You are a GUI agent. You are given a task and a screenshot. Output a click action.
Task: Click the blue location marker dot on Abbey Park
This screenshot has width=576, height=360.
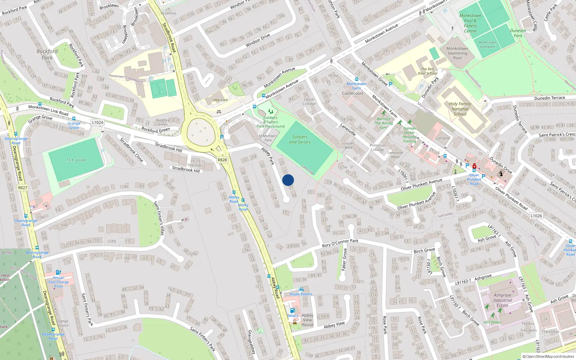pyautogui.click(x=288, y=180)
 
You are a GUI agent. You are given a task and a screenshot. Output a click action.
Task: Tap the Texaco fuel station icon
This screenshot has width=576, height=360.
pyautogui.click(x=293, y=310)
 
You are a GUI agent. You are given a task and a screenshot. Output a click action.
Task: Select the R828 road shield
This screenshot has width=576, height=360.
pyautogui.click(x=222, y=160)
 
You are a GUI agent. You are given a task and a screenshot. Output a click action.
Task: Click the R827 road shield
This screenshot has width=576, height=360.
pyautogui.click(x=22, y=188)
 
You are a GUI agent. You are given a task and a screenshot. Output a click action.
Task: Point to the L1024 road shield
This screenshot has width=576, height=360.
pyautogui.click(x=97, y=122)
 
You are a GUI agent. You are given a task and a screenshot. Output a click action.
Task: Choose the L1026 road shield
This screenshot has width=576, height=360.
pyautogui.click(x=536, y=216)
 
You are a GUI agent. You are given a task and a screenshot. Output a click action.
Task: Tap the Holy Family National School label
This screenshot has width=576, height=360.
pyautogui.click(x=460, y=109)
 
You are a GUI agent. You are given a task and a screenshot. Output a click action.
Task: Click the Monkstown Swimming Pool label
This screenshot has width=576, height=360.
pyautogui.click(x=457, y=53)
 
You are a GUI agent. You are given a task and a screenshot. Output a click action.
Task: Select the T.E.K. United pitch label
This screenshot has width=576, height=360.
pyautogui.click(x=76, y=160)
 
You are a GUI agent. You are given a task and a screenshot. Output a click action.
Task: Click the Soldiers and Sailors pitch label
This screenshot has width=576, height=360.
pyautogui.click(x=300, y=139)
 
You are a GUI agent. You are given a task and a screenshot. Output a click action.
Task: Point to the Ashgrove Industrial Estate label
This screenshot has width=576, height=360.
pyautogui.click(x=502, y=300)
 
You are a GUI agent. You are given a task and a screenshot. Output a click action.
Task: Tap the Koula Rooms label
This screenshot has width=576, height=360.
pyautogui.click(x=301, y=294)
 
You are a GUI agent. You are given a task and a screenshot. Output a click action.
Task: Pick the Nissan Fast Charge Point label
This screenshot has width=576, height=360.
pyautogui.click(x=59, y=282)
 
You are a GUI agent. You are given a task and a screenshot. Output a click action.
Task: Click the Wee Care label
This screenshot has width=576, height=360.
pyautogui.click(x=220, y=100)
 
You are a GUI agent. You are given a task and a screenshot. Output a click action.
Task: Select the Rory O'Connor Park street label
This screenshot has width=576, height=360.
pyautogui.click(x=340, y=243)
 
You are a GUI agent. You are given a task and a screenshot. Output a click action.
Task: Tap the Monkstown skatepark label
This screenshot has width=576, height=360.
pyautogui.click(x=487, y=44)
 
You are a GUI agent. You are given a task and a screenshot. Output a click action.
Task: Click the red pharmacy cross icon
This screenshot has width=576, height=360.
pyautogui.click(x=474, y=166)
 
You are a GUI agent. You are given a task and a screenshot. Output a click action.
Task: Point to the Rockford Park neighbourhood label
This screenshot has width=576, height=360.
pyautogui.click(x=47, y=54)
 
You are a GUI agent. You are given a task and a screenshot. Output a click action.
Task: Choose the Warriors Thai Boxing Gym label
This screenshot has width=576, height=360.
pyautogui.click(x=383, y=123)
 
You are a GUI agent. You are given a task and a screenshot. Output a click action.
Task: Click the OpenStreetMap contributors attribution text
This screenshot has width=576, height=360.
pyautogui.click(x=548, y=356)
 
